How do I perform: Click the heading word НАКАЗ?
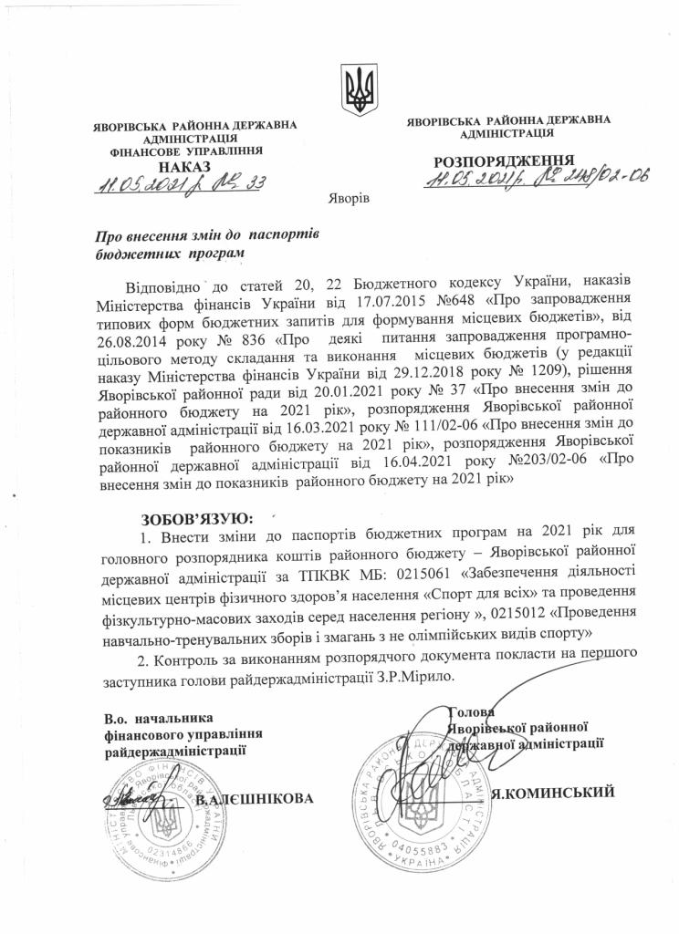pos(184,167)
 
